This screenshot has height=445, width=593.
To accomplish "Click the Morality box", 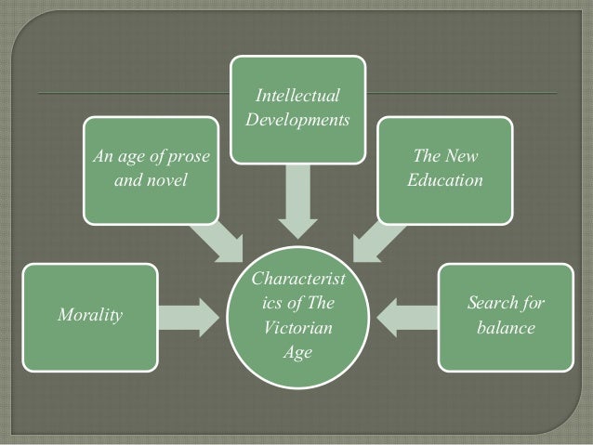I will (x=90, y=317).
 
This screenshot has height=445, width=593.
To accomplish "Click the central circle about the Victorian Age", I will (x=296, y=316).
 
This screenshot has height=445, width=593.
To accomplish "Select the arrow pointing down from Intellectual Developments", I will (x=296, y=199).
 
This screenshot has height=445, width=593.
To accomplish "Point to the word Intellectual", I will (x=296, y=97).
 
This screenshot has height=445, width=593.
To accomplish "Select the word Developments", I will (x=296, y=121).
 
